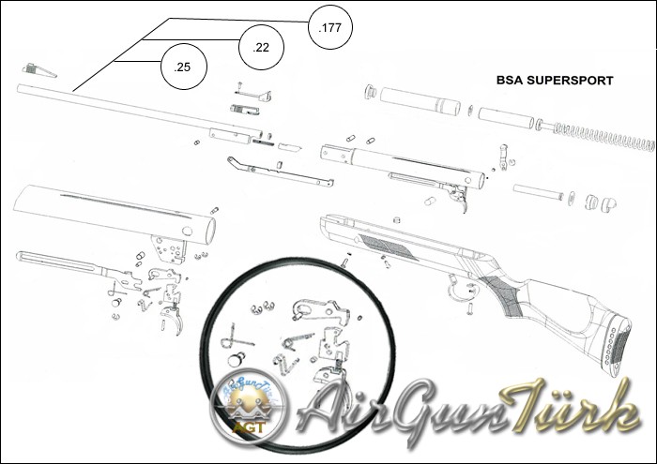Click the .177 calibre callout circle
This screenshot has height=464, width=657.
[329, 27]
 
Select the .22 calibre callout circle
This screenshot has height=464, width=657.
[262, 47]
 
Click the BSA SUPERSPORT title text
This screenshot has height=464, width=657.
[554, 82]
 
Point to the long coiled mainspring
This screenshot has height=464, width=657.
[601, 136]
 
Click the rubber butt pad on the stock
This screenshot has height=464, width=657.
[618, 346]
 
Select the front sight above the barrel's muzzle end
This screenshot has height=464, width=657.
[38, 70]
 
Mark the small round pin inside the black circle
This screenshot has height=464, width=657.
[237, 357]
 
